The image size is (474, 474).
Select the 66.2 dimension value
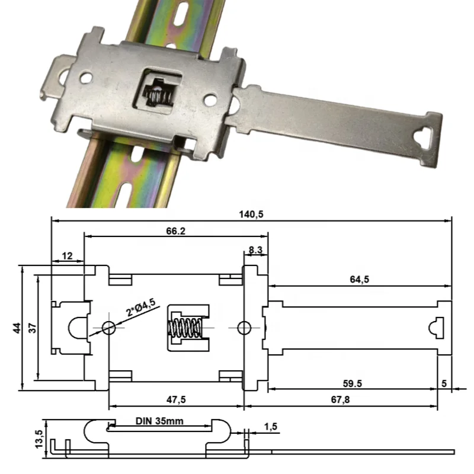pos(175,231)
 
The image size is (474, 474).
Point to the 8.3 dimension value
pos(256,251)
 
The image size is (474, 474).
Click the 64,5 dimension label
pos(359,279)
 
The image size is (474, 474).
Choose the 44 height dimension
pos(16,328)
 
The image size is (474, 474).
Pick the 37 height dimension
pos(33,328)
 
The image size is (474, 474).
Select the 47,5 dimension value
pos(175,400)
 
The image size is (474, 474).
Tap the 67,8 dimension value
pos(340,400)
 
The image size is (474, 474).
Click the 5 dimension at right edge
pos(444,383)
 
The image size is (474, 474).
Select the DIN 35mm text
pos(159,421)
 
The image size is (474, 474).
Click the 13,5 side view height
pos(39,438)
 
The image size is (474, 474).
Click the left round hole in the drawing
pos(108,327)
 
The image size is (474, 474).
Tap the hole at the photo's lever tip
pos(426,137)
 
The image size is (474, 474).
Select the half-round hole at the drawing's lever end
pos(435,327)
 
